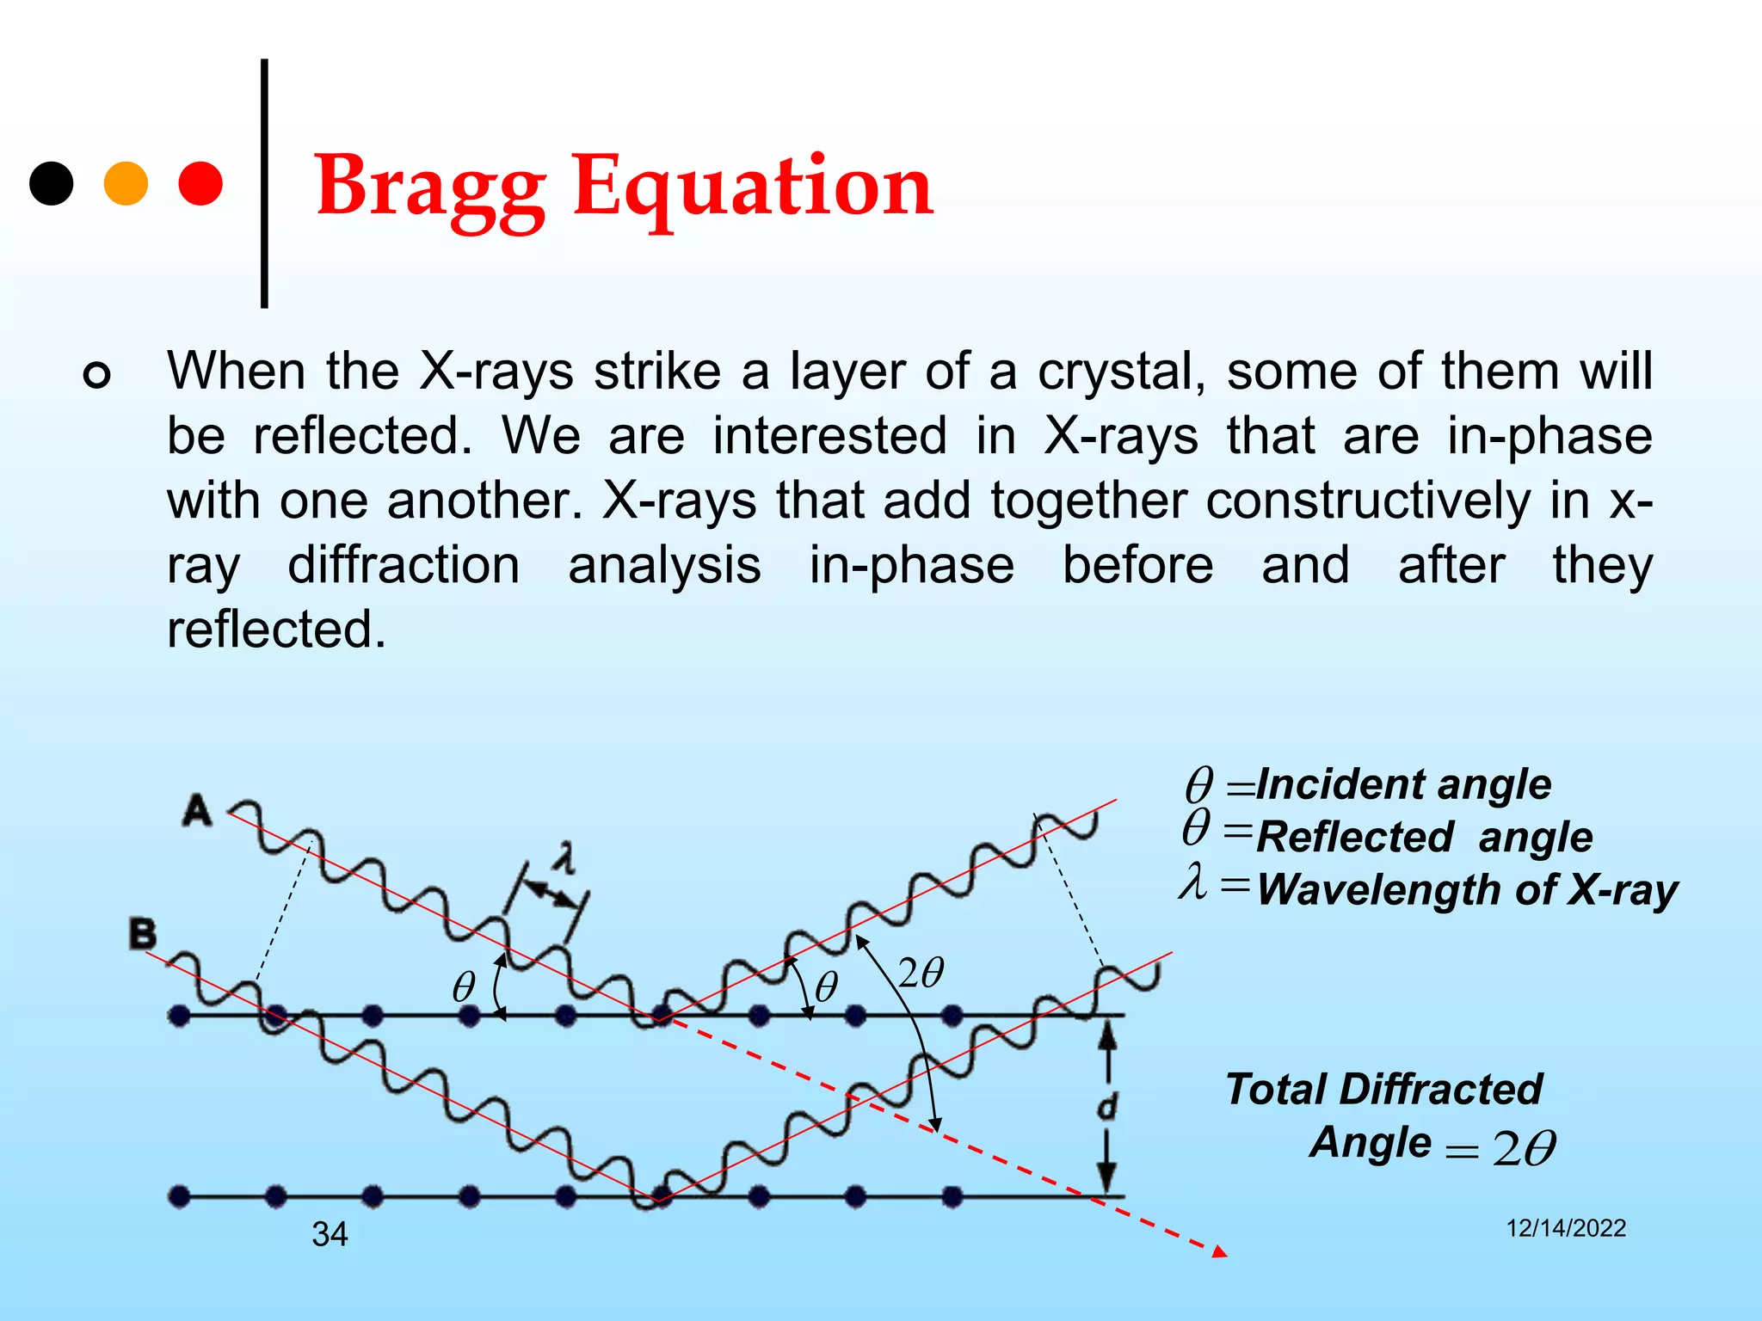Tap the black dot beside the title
52,183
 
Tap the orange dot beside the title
126,183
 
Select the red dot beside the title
200,183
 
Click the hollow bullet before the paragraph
97,375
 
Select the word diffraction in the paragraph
404,565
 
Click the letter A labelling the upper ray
197,810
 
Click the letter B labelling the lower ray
143,933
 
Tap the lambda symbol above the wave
564,857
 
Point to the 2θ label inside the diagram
921,974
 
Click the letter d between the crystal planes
1107,1106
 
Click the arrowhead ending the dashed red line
1219,1252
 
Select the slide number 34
330,1234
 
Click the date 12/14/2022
1566,1228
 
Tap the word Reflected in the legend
1355,837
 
